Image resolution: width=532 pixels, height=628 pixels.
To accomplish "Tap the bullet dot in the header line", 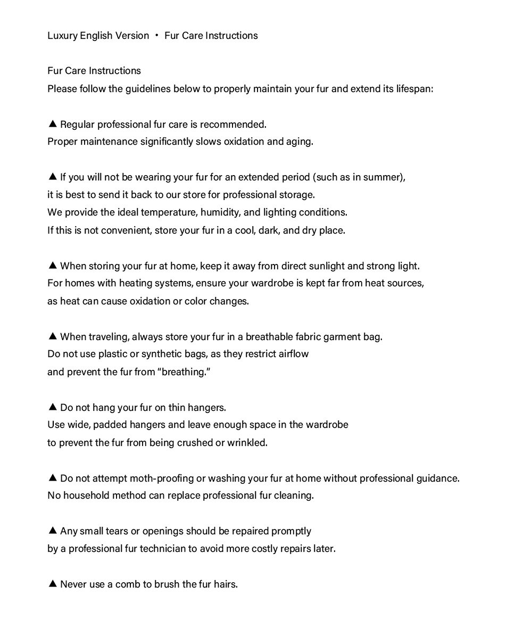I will click(x=157, y=36).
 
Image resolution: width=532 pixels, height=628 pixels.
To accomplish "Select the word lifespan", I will click(x=414, y=88).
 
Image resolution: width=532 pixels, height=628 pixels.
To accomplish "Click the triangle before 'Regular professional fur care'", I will click(x=52, y=124).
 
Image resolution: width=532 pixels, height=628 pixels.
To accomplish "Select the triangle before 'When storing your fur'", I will click(x=52, y=266).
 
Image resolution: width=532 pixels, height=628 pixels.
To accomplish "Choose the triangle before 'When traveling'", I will click(x=52, y=336).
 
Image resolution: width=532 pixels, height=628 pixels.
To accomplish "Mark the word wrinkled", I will click(x=247, y=443).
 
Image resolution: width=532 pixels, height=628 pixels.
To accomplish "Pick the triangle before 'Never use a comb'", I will click(x=52, y=584).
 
